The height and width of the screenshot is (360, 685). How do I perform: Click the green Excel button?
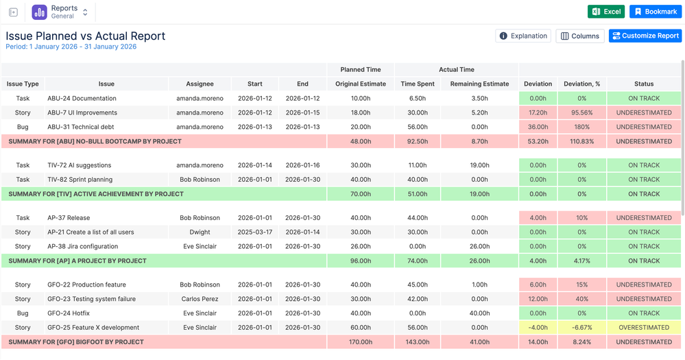point(606,12)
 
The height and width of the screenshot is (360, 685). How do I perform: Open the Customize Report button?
point(645,36)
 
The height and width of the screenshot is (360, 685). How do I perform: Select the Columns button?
point(579,36)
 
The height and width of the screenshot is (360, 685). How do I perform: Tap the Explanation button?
point(523,36)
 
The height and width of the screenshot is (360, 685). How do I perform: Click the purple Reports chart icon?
point(39,12)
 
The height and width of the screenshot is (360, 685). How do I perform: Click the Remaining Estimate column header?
point(479,84)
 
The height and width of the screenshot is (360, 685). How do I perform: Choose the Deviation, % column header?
point(581,84)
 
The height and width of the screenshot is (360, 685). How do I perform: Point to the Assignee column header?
point(200,84)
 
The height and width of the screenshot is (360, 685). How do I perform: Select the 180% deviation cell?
point(582,127)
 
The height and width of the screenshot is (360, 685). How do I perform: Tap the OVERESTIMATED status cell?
point(644,328)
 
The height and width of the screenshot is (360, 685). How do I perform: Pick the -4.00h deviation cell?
point(538,328)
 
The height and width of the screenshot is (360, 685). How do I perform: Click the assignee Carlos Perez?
point(200,299)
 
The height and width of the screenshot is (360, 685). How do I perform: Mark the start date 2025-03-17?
point(254,232)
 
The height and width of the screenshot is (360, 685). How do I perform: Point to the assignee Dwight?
point(200,232)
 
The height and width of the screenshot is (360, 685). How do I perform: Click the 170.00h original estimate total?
point(361,342)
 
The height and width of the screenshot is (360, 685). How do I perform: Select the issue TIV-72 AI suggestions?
point(80,165)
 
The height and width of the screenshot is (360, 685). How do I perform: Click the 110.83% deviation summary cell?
point(582,141)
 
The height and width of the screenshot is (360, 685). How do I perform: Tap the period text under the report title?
point(71,47)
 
